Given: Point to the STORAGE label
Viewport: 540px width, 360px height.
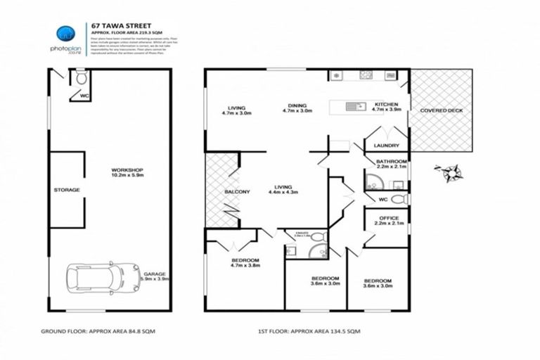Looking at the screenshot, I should (67, 190).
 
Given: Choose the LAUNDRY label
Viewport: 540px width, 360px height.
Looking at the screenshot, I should (387, 146).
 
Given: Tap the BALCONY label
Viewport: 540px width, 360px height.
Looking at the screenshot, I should (218, 191).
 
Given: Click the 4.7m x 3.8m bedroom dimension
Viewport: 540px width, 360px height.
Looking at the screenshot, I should (246, 266).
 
